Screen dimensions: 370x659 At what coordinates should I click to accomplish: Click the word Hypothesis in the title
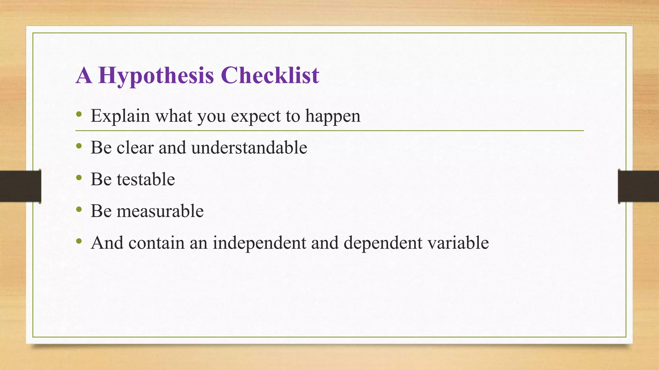pyautogui.click(x=156, y=76)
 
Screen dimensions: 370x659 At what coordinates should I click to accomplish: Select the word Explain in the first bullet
pyautogui.click(x=120, y=116)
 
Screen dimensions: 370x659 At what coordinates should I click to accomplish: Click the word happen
pyautogui.click(x=333, y=117)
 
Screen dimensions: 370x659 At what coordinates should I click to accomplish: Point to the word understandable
pyautogui.click(x=249, y=148)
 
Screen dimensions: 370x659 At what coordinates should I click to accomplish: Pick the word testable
pyautogui.click(x=146, y=179)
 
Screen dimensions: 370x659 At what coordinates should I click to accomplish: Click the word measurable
pyautogui.click(x=160, y=211)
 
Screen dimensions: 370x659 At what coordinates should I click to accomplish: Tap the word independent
pyautogui.click(x=259, y=243)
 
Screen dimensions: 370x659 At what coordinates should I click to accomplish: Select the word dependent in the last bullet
pyautogui.click(x=383, y=243)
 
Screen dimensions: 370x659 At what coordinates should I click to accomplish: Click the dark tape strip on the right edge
pyautogui.click(x=638, y=186)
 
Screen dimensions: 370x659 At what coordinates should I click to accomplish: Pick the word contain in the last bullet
pyautogui.click(x=156, y=243)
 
